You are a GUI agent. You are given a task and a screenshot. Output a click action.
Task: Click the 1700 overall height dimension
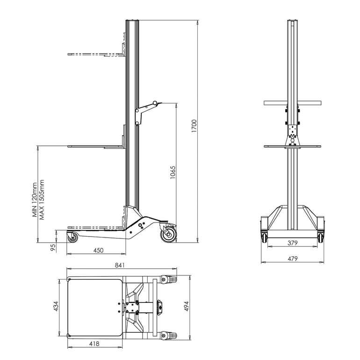(194, 126)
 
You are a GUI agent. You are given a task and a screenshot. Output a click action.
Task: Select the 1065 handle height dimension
(173, 173)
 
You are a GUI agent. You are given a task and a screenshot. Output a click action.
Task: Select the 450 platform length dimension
(98, 250)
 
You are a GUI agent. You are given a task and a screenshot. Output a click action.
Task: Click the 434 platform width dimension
(56, 307)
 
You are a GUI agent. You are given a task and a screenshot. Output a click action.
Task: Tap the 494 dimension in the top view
(186, 306)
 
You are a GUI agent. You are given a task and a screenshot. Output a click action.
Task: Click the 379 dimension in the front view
(292, 243)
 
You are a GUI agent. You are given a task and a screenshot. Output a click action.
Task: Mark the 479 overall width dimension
(292, 259)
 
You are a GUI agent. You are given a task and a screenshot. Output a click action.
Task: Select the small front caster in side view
(73, 238)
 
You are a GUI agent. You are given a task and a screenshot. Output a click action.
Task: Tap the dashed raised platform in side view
(96, 55)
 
